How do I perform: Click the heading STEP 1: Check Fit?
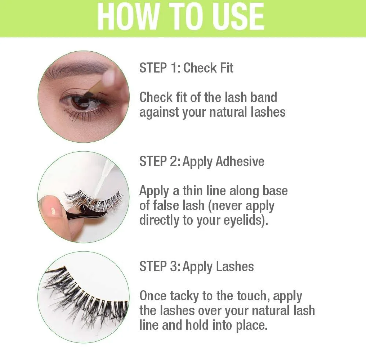click(x=186, y=68)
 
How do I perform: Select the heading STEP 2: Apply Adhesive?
click(x=202, y=161)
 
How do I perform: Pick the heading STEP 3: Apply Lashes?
click(x=197, y=267)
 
